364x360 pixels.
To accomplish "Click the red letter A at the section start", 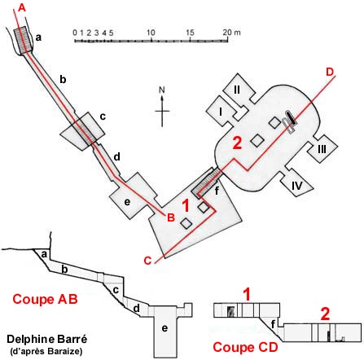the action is [x=22, y=7].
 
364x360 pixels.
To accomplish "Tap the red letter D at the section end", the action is [x=330, y=72].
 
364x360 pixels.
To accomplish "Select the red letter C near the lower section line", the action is [x=147, y=261].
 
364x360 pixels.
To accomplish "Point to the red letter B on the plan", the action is [x=171, y=217].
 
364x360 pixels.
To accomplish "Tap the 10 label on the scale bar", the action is [x=151, y=33].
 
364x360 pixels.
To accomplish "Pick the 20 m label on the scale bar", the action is [x=231, y=33].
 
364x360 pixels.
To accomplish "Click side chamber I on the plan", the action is [x=221, y=112].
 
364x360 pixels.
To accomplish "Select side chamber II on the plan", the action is [x=238, y=90].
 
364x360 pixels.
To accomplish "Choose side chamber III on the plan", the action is [x=322, y=148].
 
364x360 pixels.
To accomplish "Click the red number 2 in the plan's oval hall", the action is [x=237, y=143].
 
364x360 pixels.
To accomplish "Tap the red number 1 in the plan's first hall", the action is [x=186, y=205].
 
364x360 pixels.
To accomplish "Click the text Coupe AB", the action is [x=45, y=299].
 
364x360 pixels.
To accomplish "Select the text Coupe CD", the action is [x=245, y=347].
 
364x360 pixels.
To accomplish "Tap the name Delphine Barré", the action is [x=46, y=339].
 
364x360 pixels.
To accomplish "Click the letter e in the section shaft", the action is [x=164, y=328].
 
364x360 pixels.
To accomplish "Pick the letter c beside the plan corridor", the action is [x=103, y=116].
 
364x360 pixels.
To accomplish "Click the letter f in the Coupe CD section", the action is [x=273, y=323].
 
